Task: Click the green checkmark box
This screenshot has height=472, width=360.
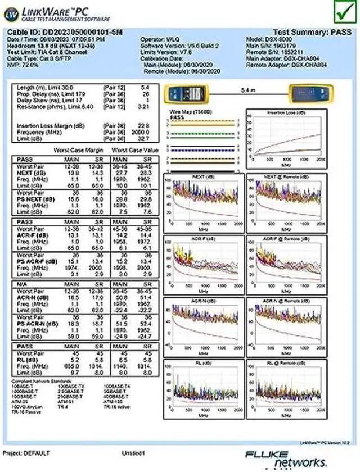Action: coord(341,11)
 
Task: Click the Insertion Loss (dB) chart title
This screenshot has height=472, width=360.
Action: coord(286,113)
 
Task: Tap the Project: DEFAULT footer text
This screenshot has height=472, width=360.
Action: coord(26,452)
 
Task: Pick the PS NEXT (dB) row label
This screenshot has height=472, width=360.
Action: coord(33,198)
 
